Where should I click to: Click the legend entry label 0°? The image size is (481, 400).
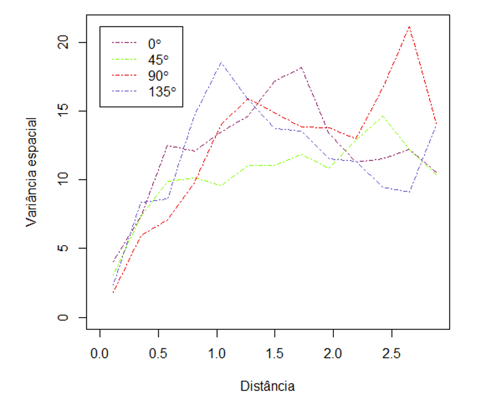point(154,42)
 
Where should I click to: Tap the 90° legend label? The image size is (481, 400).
point(157,74)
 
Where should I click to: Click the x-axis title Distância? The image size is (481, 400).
point(267,386)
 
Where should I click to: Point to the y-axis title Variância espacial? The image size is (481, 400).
point(32,172)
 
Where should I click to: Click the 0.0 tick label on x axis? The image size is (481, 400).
point(100,353)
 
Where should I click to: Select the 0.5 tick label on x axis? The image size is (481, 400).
point(158,353)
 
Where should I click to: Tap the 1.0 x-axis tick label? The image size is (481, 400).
point(217,353)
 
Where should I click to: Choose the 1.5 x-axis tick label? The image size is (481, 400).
point(275,353)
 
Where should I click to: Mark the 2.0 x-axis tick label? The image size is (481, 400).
point(333,353)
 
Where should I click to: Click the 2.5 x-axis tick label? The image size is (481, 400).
point(392,353)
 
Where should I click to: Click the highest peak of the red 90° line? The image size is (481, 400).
point(410,26)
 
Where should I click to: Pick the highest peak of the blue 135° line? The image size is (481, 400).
point(221,62)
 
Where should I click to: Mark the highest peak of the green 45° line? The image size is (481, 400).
point(382,116)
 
